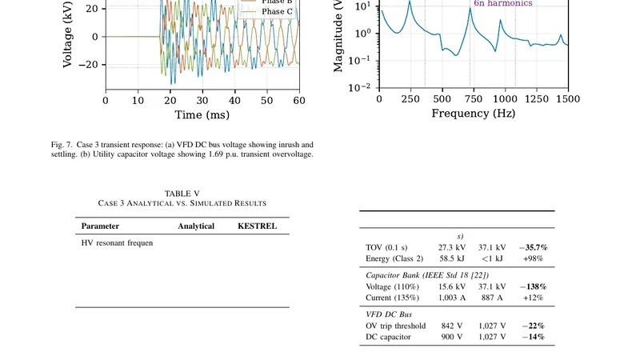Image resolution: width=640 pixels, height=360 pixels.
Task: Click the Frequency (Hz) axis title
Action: coord(473,114)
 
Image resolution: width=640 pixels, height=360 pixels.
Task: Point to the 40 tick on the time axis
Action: coord(234,101)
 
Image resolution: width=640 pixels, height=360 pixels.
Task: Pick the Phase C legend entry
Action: coord(277,11)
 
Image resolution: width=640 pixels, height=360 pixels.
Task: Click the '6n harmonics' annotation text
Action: coord(502,3)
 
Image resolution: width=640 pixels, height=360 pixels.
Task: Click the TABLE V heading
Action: coord(182,194)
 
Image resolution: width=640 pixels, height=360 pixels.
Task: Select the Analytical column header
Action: coord(196,226)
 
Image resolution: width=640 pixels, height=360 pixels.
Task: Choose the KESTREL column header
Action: coord(258,226)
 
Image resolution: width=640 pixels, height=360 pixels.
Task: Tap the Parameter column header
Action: coord(99,226)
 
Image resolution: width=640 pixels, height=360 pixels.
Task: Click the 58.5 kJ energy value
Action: coord(452,258)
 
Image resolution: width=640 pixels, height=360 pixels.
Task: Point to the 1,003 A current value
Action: coord(452,298)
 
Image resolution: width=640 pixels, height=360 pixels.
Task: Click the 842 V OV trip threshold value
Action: coord(452,326)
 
